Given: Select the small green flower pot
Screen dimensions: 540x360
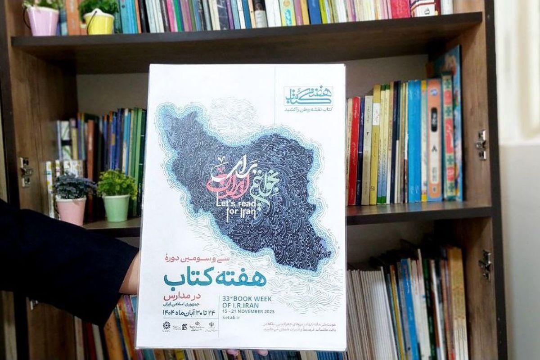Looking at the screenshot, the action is click(117, 207).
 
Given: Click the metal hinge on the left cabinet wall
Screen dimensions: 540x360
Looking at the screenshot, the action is click(26, 171).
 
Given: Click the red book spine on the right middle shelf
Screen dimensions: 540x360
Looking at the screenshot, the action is click(354, 151).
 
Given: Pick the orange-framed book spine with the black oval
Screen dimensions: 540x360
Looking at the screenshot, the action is click(434, 139).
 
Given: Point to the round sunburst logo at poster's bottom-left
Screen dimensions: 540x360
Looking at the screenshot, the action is click(167, 326).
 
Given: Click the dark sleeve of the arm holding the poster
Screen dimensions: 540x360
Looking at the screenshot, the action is click(58, 261).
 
